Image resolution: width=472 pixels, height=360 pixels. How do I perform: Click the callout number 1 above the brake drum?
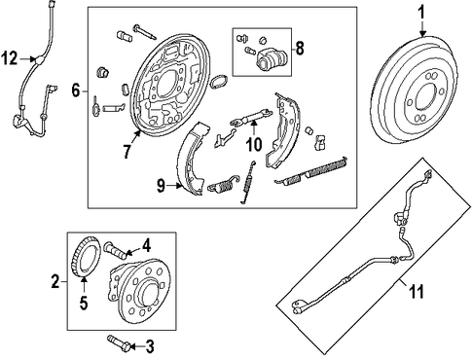click(420, 14)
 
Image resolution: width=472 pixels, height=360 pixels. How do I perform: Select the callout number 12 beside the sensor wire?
click(9, 59)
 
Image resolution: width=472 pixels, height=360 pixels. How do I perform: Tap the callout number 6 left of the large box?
click(75, 90)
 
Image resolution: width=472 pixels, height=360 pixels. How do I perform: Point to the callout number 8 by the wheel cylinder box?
click(300, 49)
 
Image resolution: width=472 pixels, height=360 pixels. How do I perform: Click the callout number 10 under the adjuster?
click(254, 144)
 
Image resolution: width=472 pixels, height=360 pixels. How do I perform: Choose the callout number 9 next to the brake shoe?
click(161, 186)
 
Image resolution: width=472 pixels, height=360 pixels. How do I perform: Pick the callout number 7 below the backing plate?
click(127, 151)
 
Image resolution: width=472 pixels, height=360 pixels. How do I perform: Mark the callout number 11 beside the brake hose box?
click(417, 291)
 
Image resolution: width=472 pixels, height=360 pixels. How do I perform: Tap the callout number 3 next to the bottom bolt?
click(149, 347)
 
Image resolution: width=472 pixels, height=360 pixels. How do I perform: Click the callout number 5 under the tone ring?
click(84, 303)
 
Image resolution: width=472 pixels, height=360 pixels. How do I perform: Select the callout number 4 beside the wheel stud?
click(146, 246)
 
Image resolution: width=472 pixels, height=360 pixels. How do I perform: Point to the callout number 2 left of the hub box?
click(55, 281)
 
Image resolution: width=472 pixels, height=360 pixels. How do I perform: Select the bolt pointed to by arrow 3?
click(119, 342)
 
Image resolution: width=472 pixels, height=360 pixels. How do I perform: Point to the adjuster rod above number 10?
click(250, 117)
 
